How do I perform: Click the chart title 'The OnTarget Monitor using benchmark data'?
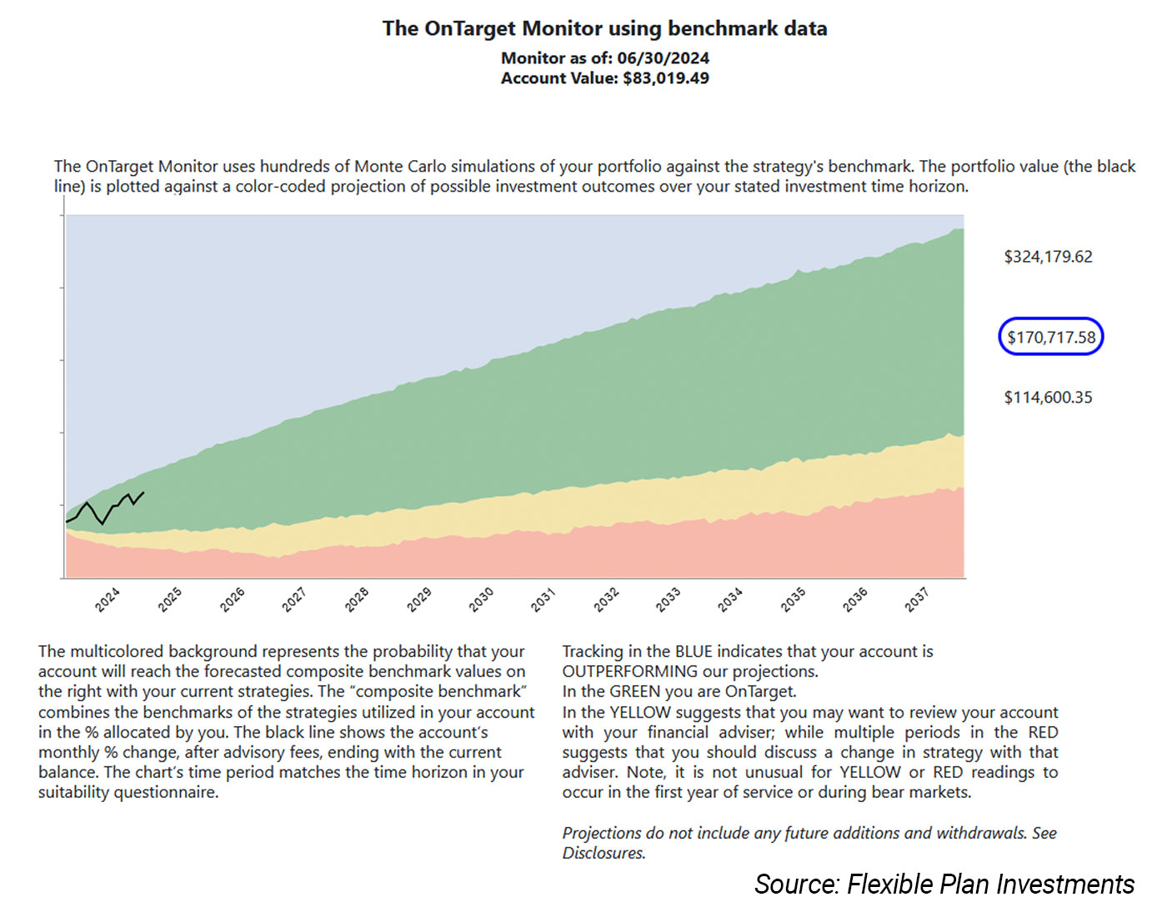pos(604,28)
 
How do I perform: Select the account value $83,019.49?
pos(665,78)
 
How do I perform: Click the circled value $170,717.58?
pos(1051,337)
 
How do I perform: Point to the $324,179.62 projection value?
pos(1048,257)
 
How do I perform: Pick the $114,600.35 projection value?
pos(1048,398)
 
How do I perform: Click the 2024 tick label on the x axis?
pos(108,599)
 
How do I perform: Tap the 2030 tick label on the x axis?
pos(481,599)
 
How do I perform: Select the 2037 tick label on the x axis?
pos(916,599)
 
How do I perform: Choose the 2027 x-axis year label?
pos(294,599)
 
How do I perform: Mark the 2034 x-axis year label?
pos(729,599)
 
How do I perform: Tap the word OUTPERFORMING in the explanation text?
pos(630,672)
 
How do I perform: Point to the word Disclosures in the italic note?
pos(604,853)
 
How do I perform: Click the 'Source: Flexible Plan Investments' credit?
pos(944,884)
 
